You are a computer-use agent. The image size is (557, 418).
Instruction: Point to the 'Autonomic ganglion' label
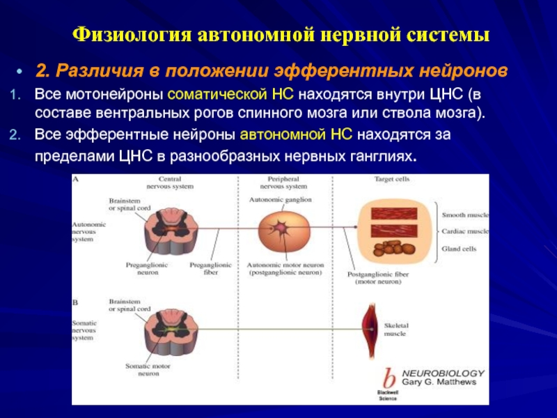pyautogui.click(x=280, y=200)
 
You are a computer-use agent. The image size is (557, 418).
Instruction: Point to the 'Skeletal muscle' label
pyautogui.click(x=399, y=329)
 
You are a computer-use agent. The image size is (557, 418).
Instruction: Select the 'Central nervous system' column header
pyautogui.click(x=170, y=183)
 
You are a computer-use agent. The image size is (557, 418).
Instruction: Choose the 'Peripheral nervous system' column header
pyautogui.click(x=282, y=183)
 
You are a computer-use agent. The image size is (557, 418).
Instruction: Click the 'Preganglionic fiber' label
pyautogui.click(x=212, y=269)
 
